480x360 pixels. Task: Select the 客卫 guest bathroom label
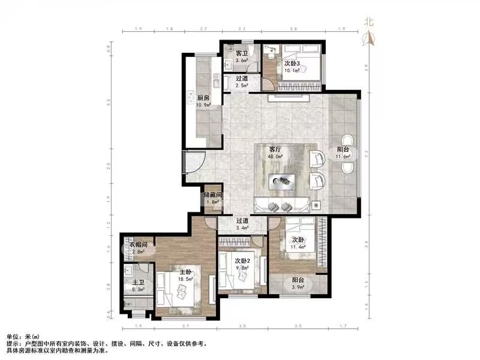pos(241,53)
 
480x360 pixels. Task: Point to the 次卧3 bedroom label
pos(292,63)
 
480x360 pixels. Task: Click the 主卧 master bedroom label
pos(185,271)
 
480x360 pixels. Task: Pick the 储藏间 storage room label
pos(213,195)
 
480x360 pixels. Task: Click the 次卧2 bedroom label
pos(242,260)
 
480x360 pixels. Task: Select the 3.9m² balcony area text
pos(298,288)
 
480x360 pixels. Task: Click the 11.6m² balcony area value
pos(343,157)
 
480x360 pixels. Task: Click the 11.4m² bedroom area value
pos(298,247)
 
